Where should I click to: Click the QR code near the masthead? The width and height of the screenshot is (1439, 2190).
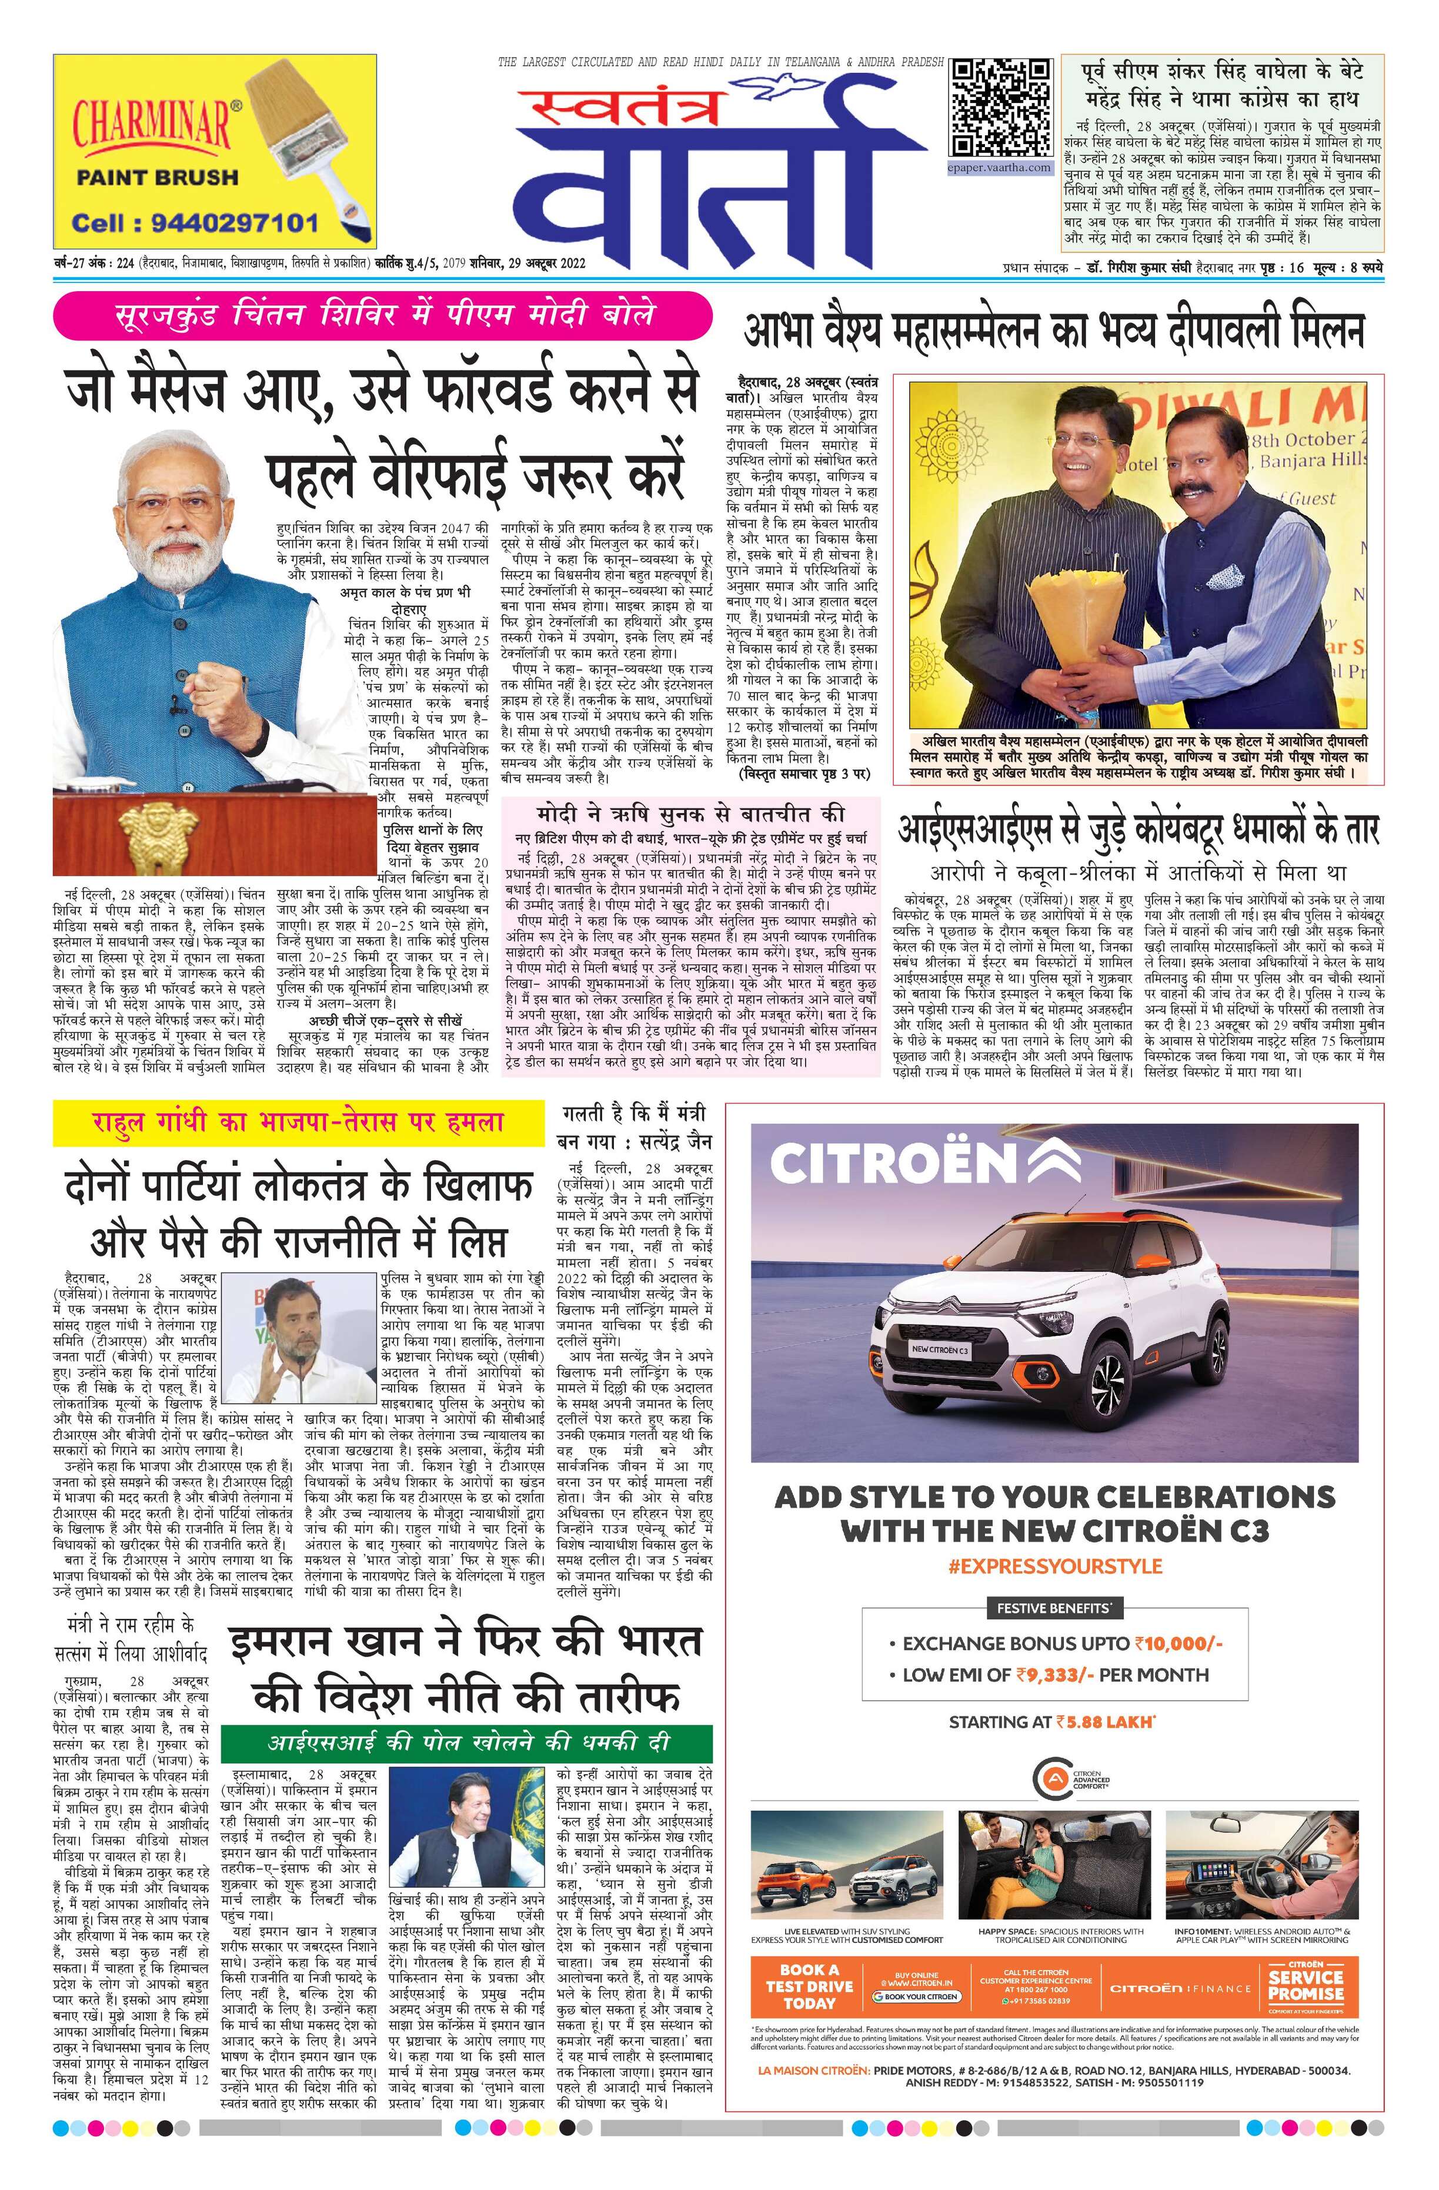tap(1001, 109)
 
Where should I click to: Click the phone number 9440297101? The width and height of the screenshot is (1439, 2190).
tap(196, 223)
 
